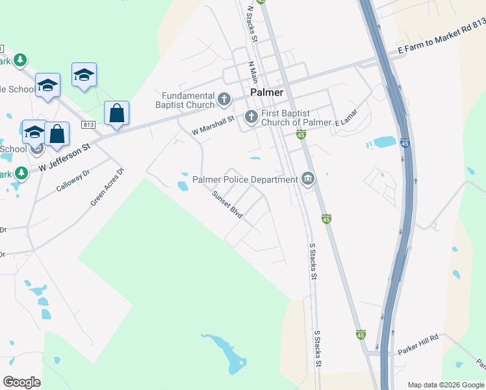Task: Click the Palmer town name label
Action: click(267, 92)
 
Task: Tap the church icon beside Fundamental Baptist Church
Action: click(224, 99)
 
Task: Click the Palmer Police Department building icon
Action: click(307, 179)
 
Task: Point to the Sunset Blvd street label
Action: click(227, 204)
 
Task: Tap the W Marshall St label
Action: click(212, 126)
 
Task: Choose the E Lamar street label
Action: click(346, 122)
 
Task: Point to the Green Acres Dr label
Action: click(107, 188)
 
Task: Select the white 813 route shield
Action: click(89, 125)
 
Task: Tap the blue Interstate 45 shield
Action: click(405, 143)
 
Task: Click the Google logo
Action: click(21, 382)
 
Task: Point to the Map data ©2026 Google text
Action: click(446, 385)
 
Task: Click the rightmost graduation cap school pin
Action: click(84, 75)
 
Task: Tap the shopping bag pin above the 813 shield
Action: click(116, 113)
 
